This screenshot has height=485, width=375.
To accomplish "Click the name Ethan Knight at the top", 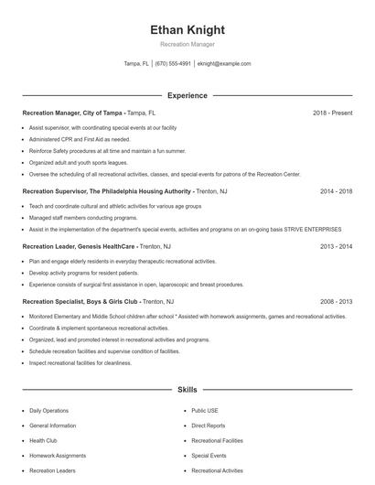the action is click(187, 30).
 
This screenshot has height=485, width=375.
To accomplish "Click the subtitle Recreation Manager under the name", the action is click(187, 43).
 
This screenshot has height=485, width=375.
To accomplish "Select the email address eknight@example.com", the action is click(224, 64).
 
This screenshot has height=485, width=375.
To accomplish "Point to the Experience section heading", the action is click(187, 95).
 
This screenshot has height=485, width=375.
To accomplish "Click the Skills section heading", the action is click(187, 390).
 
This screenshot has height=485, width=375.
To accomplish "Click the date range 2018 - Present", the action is click(332, 113).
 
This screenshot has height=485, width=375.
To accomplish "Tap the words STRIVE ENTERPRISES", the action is click(314, 230).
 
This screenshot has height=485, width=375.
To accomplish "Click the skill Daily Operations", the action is click(48, 411).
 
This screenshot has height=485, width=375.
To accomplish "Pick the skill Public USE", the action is click(205, 411).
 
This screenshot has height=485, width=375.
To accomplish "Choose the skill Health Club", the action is click(43, 440).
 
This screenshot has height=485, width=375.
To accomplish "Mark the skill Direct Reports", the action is click(209, 426).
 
